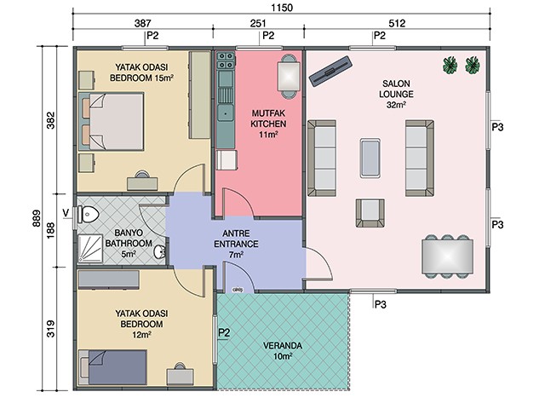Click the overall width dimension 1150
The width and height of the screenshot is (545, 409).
[282, 8]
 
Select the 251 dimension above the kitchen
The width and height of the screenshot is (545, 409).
[258, 23]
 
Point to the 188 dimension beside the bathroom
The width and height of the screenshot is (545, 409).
[51, 230]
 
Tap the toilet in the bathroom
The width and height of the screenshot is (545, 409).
[89, 214]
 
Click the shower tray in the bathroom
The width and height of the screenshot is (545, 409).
[90, 248]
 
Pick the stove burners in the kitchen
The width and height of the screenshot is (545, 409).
[226, 60]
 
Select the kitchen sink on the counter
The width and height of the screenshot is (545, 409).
[225, 112]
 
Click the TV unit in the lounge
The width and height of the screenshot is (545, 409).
[330, 72]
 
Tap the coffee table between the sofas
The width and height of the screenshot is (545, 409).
[370, 158]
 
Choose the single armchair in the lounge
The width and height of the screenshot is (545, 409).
[370, 213]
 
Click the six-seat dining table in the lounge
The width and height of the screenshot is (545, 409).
[447, 256]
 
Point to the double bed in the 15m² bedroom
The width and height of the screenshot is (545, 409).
[112, 121]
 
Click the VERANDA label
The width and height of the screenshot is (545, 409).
[282, 346]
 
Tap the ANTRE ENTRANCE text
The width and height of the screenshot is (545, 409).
[236, 239]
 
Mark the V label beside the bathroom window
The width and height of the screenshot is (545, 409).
[66, 212]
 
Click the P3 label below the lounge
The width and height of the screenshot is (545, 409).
[381, 305]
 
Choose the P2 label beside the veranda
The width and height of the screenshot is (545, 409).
[224, 333]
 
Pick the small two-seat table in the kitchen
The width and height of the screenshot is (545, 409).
[289, 76]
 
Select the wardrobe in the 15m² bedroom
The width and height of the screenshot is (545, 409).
[200, 95]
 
